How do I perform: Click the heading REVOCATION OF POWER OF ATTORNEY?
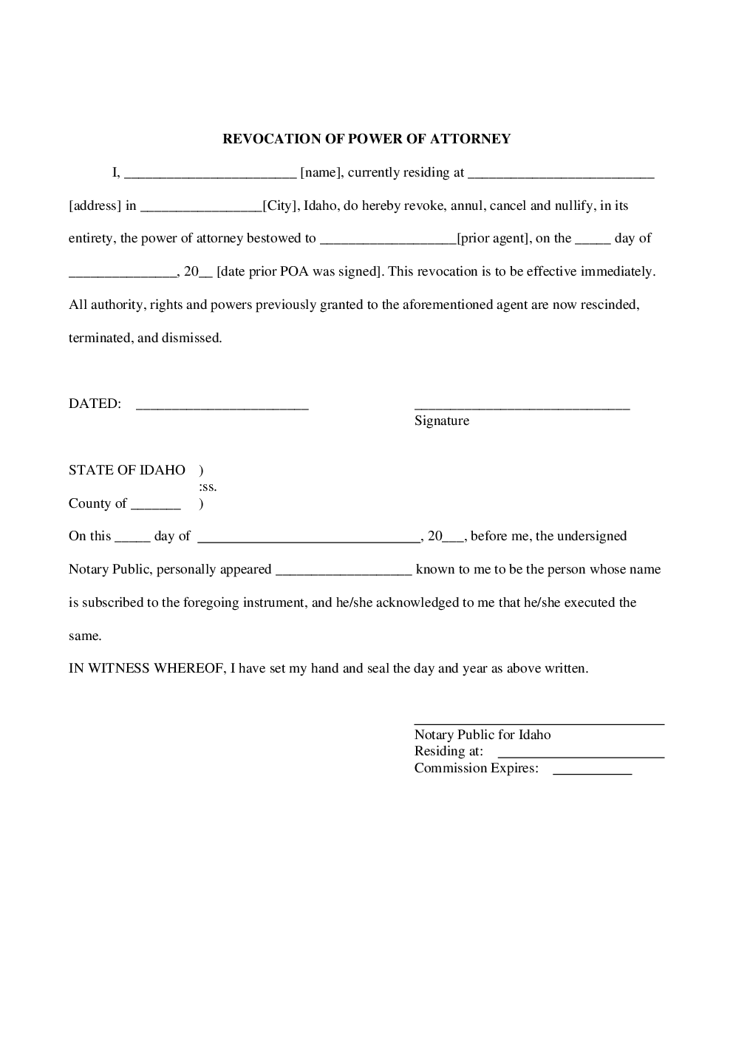pos(366,139)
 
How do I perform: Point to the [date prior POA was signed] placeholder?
pos(300,271)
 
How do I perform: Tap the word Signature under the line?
pos(441,421)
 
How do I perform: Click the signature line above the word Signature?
pos(522,407)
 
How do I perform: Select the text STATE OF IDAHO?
pos(127,470)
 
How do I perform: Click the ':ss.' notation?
pos(208,487)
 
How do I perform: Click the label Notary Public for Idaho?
pos(482,735)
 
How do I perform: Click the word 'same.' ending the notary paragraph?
pos(85,636)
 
